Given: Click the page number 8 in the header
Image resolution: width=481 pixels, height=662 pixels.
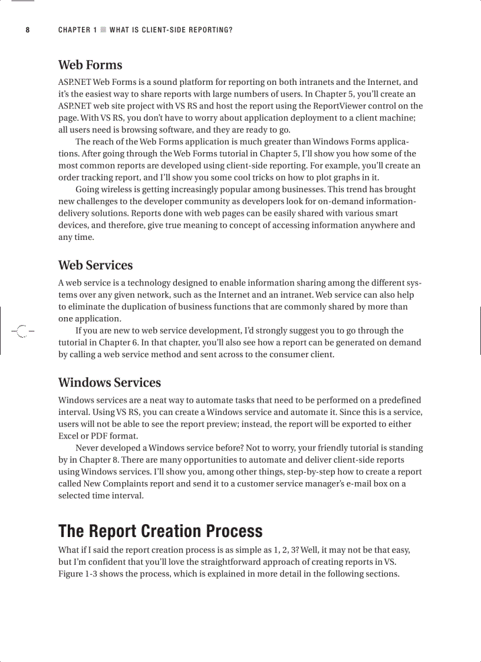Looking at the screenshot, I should coord(27,30).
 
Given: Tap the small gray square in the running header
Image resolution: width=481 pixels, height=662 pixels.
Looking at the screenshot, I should coord(103,30).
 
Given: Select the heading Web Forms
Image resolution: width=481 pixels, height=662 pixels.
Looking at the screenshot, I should coord(90,65).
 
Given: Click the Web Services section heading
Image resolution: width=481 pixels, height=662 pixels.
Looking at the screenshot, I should coord(95,265).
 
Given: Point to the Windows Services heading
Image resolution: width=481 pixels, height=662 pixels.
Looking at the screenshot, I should coord(110,383).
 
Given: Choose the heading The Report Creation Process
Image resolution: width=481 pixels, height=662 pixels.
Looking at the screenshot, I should coord(160,531).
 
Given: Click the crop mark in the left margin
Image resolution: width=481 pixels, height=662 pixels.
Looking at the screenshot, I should coord(21,331).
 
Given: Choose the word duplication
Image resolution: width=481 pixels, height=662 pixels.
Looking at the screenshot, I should coord(131,307).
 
